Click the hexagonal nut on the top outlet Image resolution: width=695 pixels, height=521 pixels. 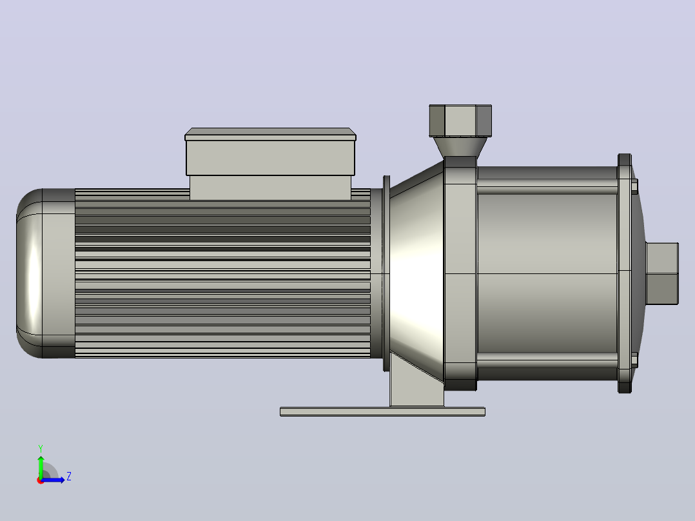pos(460,121)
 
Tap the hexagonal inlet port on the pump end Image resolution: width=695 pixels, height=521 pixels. pos(661,273)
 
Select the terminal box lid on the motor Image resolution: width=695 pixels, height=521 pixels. pos(270,134)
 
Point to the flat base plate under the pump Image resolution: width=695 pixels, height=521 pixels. pos(382,411)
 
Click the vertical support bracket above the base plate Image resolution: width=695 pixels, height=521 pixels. pos(416,385)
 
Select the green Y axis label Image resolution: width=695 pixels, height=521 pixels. pos(41,448)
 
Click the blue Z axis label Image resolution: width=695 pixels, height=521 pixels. pos(69,477)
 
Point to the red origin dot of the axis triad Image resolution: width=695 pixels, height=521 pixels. pos(41,480)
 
